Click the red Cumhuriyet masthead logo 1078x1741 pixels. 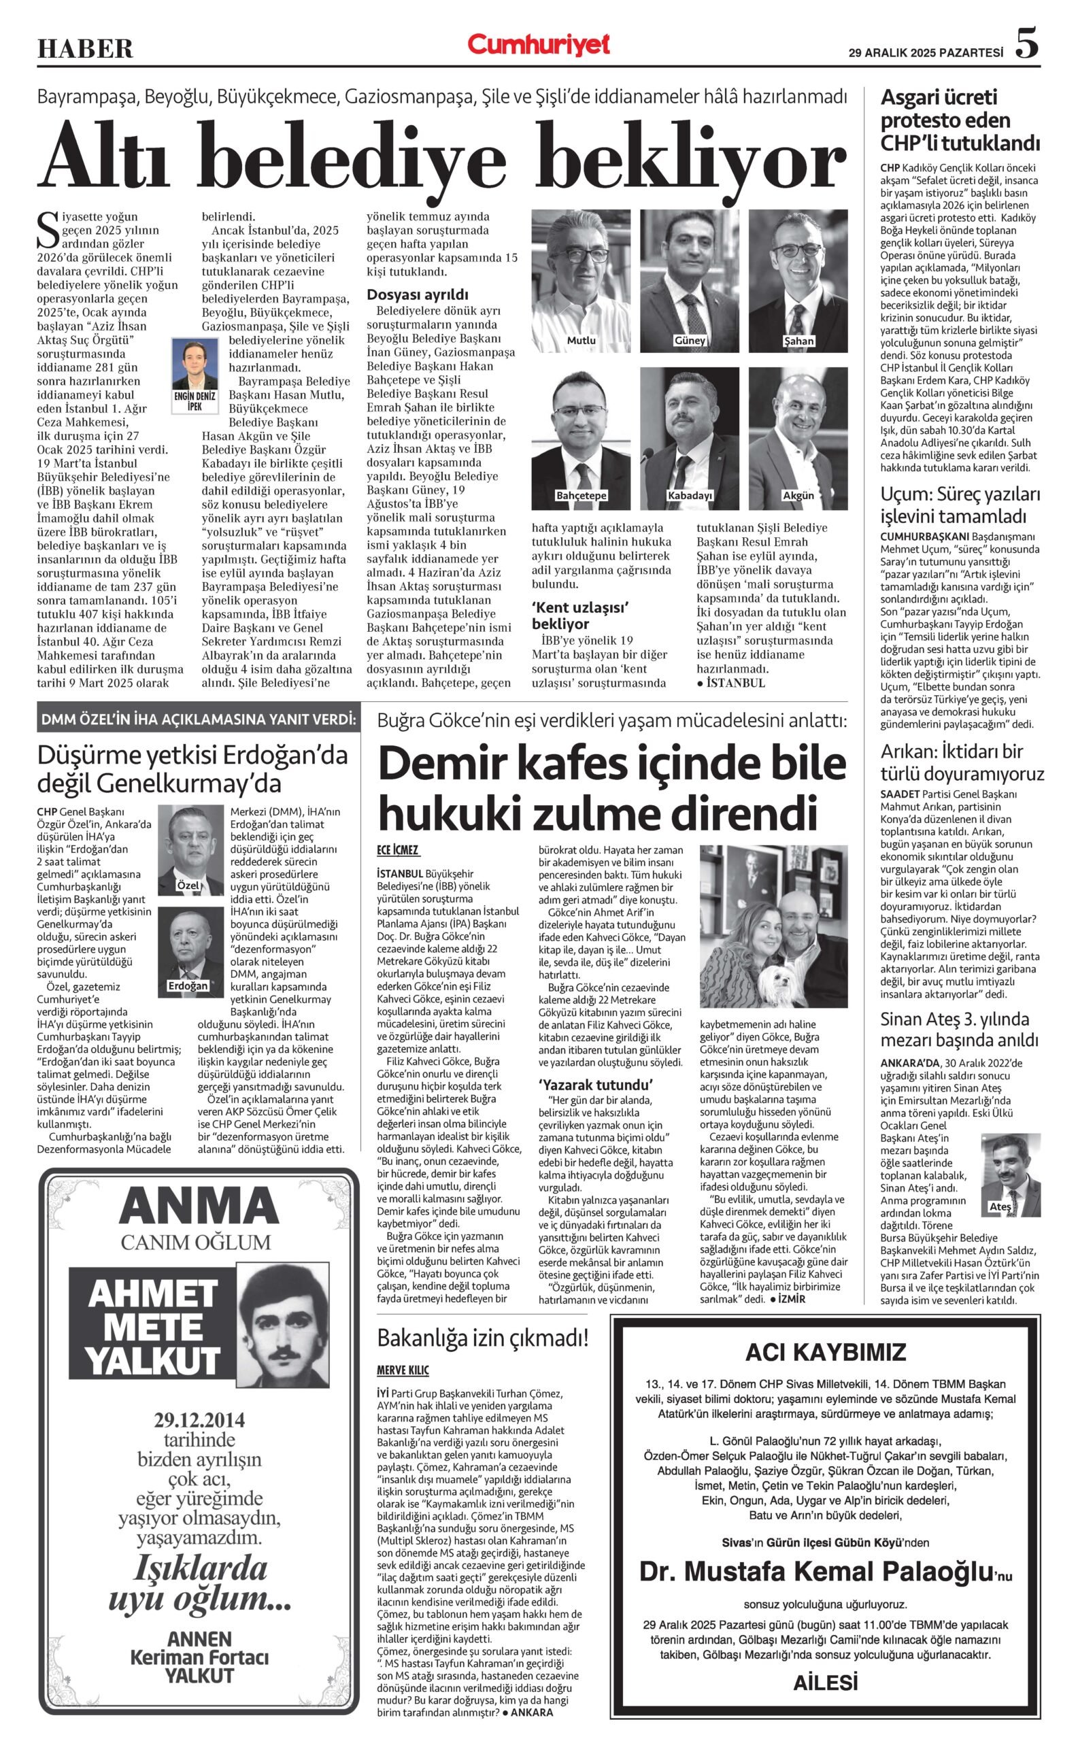point(538,46)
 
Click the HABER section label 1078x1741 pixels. point(85,48)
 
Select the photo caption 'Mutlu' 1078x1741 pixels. point(580,341)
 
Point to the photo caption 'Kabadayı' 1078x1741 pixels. point(690,496)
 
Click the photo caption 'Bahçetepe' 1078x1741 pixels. point(581,496)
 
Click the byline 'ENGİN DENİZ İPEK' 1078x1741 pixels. point(195,401)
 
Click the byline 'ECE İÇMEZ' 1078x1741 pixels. point(398,851)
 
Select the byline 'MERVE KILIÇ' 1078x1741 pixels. point(403,1370)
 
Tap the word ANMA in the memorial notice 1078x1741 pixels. point(198,1206)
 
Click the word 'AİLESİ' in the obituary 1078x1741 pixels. point(825,1683)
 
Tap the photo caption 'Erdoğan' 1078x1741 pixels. point(188,986)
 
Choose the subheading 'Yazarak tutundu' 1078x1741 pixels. point(595,1085)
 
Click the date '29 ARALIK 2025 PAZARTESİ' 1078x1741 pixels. point(926,53)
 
